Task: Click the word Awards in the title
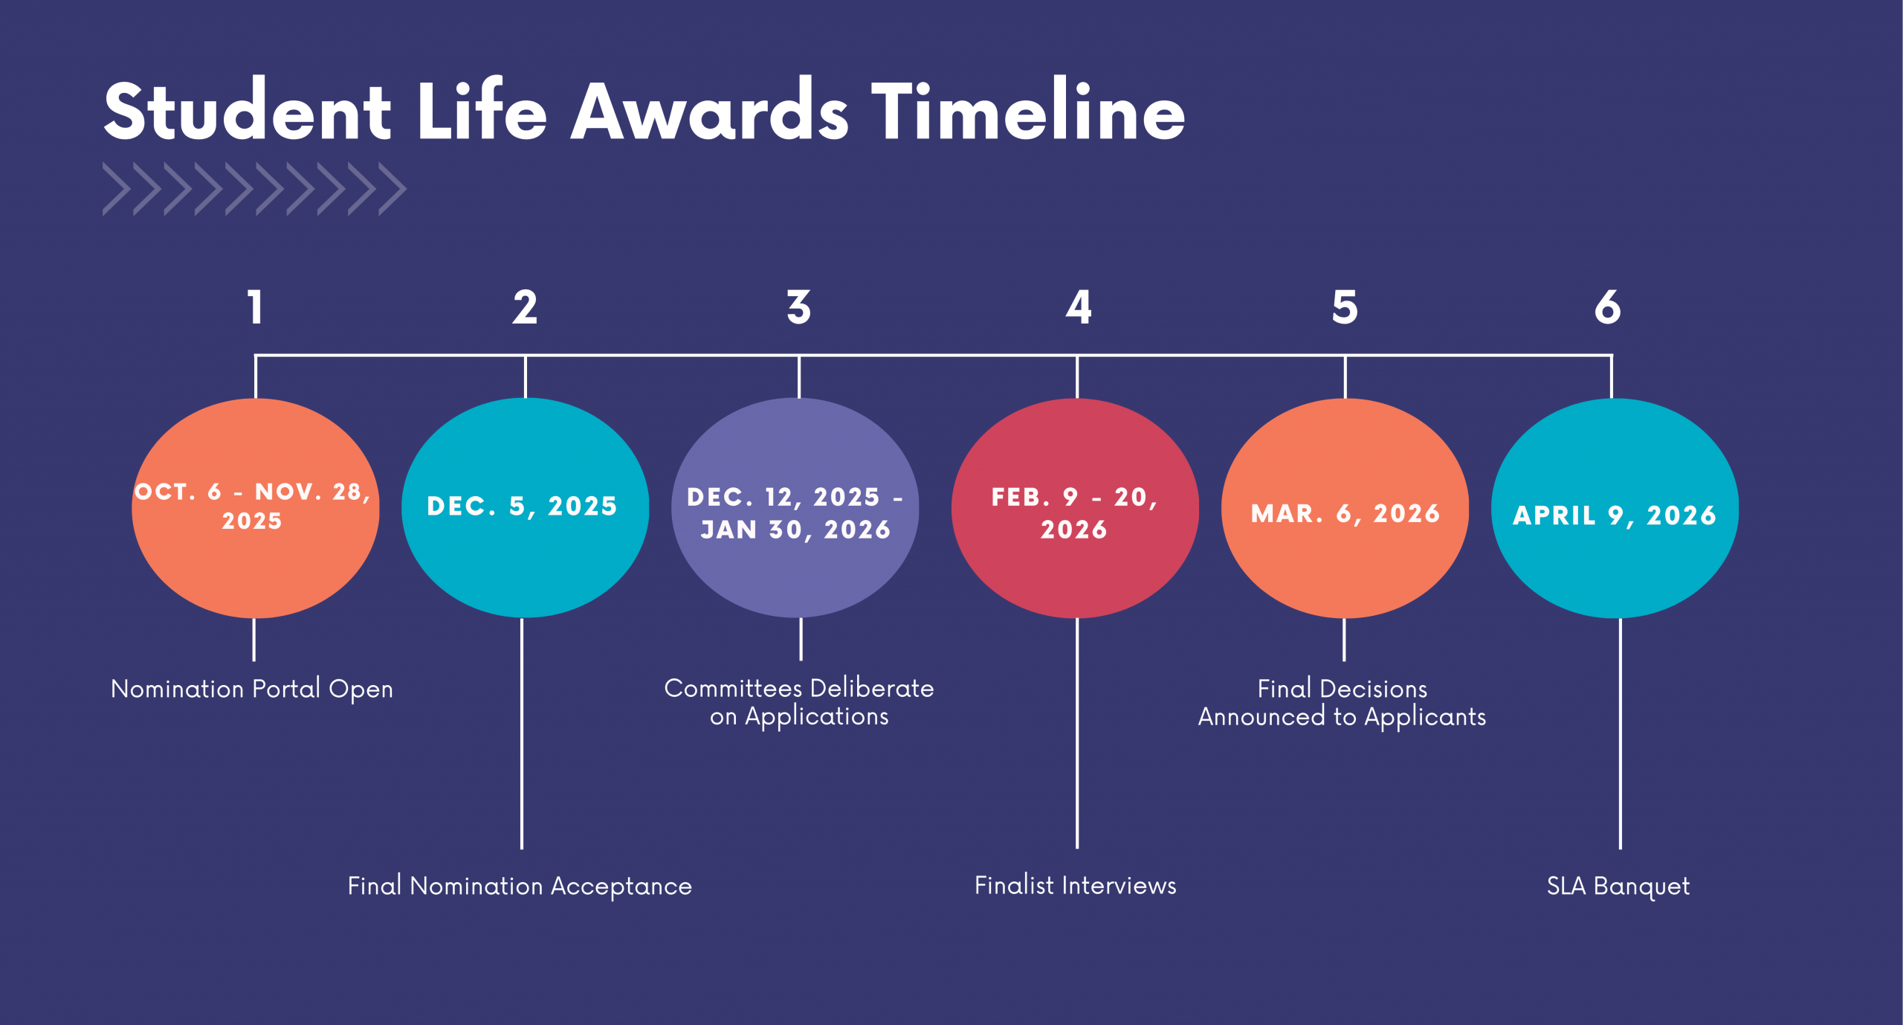coord(709,112)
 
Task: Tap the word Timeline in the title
coord(1028,112)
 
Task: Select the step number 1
coord(255,307)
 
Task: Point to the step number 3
coord(799,307)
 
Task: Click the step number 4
coord(1078,307)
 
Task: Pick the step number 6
coord(1607,307)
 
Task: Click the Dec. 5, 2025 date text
coord(522,507)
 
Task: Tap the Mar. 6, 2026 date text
coord(1345,513)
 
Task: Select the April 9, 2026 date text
coord(1615,515)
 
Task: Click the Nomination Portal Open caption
coord(252,690)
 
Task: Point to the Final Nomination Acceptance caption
coord(520,886)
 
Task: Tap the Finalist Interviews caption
coord(1075,885)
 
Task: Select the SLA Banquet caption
coord(1618,886)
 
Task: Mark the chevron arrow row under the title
coord(254,189)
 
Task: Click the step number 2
coord(525,307)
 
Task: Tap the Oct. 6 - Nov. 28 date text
coord(252,506)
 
